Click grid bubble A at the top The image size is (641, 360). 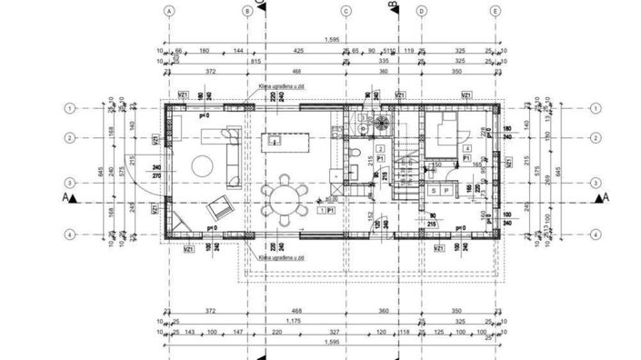coord(169,11)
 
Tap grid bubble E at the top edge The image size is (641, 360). coord(494,11)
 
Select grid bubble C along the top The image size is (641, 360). coord(346,11)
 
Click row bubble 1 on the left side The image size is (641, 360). coord(69,108)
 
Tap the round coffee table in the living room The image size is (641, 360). coord(202,165)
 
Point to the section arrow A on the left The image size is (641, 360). coord(67,196)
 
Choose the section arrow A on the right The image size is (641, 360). coord(597,196)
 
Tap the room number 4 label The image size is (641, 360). coord(466,147)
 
